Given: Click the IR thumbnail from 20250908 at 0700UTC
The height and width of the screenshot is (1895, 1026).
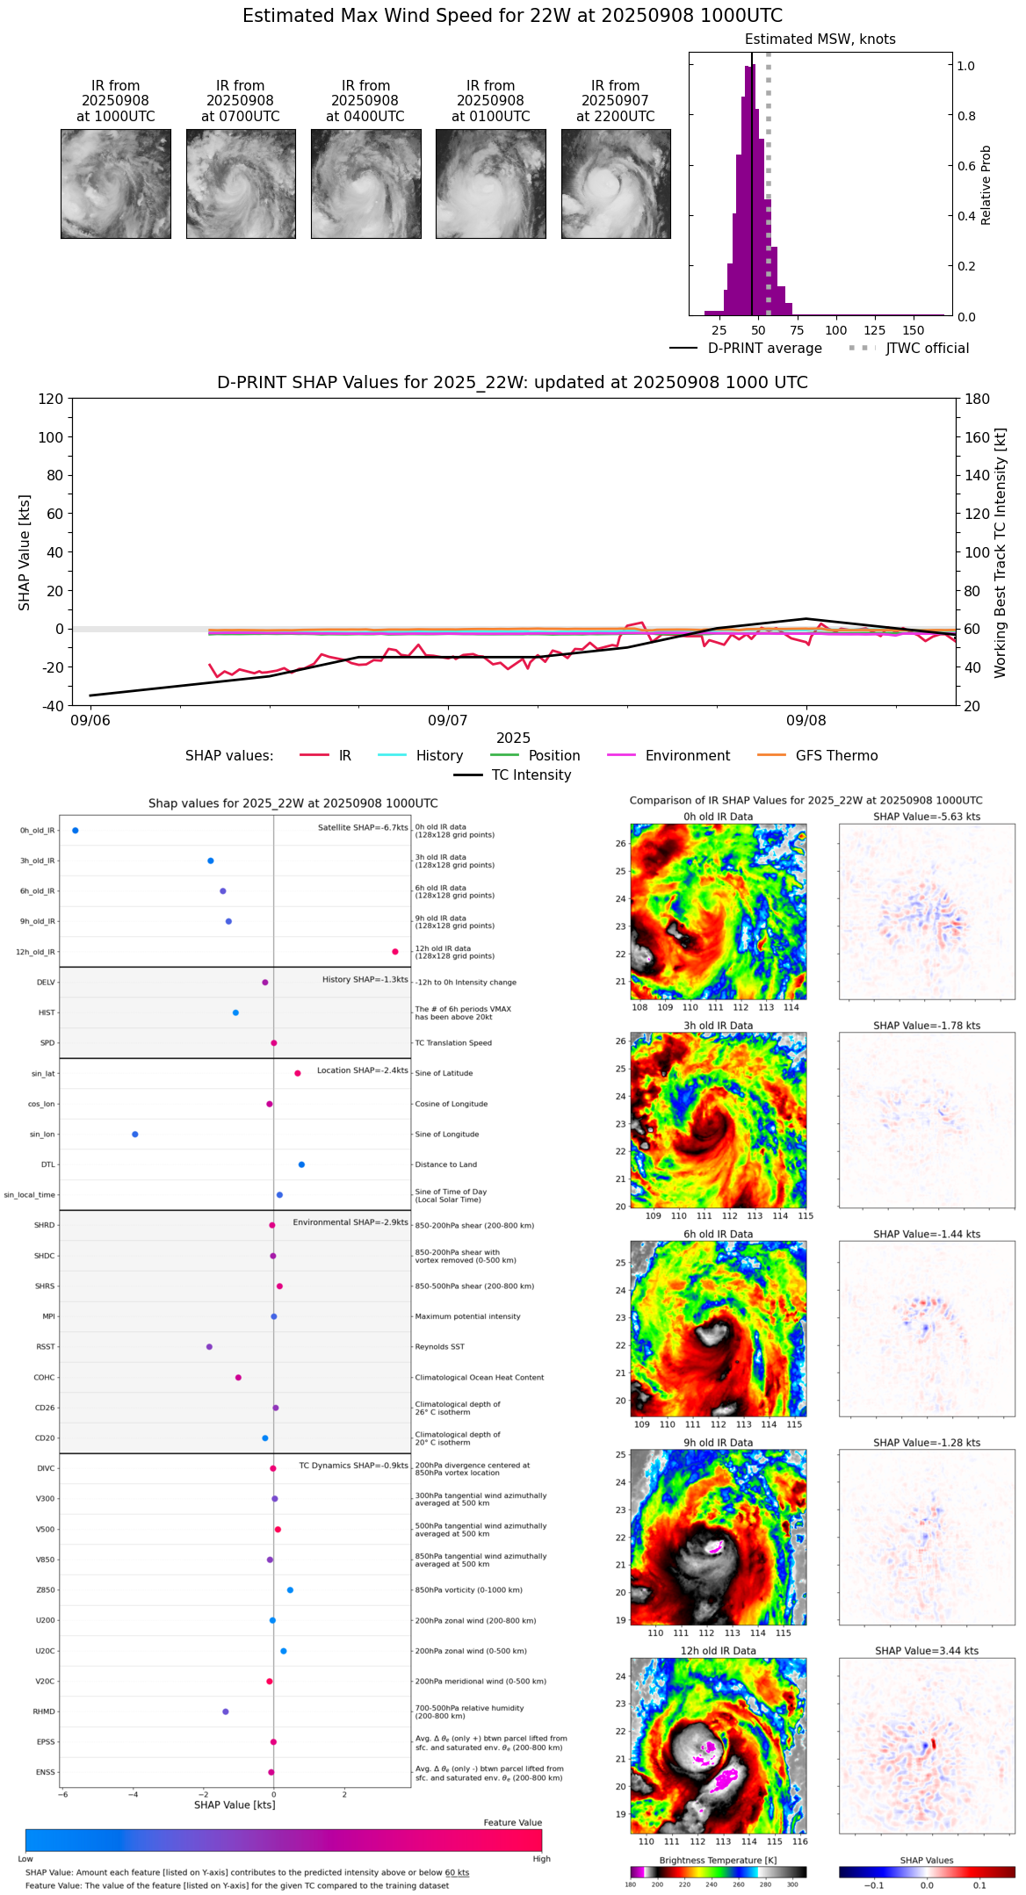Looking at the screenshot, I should pyautogui.click(x=241, y=184).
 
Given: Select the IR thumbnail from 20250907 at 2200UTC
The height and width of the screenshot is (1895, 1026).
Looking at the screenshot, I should pyautogui.click(x=616, y=184).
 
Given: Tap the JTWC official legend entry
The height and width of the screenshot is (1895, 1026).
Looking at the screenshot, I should pyautogui.click(x=927, y=349).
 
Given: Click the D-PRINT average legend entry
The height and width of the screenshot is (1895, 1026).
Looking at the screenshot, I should pyautogui.click(x=764, y=349).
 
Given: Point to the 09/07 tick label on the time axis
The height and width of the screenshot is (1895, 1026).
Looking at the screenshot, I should pyautogui.click(x=448, y=721).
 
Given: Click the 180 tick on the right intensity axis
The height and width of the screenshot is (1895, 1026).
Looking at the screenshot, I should pyautogui.click(x=978, y=399).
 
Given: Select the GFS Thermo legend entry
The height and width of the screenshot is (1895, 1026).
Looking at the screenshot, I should pyautogui.click(x=836, y=756).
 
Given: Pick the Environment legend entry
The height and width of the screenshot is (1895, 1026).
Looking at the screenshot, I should pyautogui.click(x=687, y=756).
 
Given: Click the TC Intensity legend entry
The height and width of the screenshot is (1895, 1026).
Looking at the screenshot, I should pyautogui.click(x=531, y=775).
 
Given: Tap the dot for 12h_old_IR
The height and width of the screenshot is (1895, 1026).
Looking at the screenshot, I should pyautogui.click(x=395, y=952).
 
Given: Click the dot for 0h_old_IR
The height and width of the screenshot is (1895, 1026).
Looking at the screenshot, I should pyautogui.click(x=76, y=831).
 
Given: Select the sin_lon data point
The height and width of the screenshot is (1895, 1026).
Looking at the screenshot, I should pyautogui.click(x=135, y=1135).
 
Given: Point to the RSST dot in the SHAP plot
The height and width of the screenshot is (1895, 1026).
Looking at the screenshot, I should pyautogui.click(x=209, y=1347).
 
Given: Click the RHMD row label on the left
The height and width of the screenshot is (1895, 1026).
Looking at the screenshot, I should pyautogui.click(x=44, y=1711).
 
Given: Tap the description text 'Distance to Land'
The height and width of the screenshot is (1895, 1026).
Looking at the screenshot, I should pyautogui.click(x=446, y=1165).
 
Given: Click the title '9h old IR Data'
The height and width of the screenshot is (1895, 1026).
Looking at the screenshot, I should pyautogui.click(x=718, y=1443).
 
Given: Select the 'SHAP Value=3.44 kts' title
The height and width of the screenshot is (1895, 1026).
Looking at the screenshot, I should pyautogui.click(x=927, y=1651).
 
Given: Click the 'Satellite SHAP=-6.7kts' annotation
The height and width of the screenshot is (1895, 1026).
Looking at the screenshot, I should pyautogui.click(x=363, y=828).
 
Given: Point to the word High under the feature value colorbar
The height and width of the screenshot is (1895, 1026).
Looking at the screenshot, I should pyautogui.click(x=541, y=1859).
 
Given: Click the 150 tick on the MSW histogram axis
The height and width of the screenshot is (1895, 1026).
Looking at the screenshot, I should pyautogui.click(x=914, y=331).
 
